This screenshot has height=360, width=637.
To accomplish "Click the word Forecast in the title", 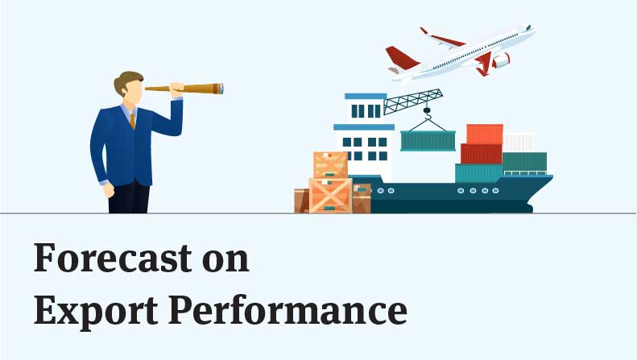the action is pos(113,258).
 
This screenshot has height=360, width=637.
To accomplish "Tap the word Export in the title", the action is pos(96,311).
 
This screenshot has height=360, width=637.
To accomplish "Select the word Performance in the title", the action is pos(288,310).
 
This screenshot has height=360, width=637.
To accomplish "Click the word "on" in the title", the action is pos(225,260).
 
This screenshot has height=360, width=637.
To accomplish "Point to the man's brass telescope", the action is pos(184,88).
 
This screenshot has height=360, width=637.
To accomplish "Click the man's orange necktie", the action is pos(132,121).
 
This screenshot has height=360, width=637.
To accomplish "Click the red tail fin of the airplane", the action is pos(401,57).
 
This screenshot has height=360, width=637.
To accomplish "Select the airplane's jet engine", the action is pos(501,60).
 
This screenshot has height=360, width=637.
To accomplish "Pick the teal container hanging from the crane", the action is pos(428,141).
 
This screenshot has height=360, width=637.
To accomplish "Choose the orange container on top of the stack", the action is pos(485,134).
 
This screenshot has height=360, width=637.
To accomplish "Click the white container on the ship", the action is pos(519,143).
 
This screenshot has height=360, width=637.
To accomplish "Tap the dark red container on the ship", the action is pos(482,154).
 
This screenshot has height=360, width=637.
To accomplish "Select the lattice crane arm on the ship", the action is pos(413,101).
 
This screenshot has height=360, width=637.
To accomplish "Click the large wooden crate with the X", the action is pos(330,196).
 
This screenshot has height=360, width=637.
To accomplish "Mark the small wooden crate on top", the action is pos(331,165).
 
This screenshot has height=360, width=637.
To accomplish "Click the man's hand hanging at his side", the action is pos(109,190).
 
